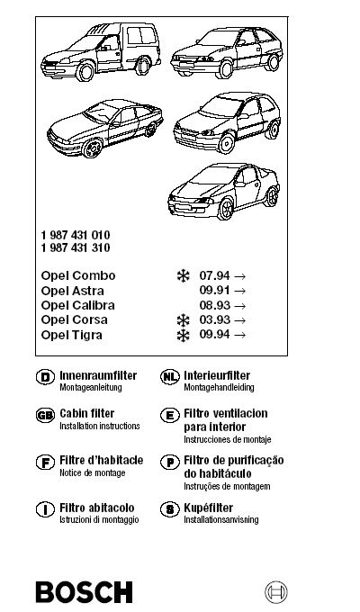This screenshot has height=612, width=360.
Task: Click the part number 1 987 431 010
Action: [76, 235]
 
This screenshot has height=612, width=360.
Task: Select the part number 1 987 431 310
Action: [76, 247]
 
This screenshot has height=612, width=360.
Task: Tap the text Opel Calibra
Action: [77, 305]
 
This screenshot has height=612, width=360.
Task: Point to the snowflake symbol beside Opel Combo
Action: [183, 276]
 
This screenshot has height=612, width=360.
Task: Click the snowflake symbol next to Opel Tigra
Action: [183, 336]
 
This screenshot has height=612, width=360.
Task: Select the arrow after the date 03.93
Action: [240, 320]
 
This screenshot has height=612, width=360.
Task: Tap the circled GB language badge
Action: [45, 415]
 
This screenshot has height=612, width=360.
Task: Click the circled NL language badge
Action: [170, 377]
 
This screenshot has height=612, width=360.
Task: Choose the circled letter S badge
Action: [170, 509]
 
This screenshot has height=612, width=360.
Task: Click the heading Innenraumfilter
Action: [98, 375]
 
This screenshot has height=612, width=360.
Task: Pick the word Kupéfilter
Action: [208, 508]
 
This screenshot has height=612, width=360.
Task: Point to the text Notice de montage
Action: [92, 473]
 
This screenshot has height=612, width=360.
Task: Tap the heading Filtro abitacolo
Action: [96, 508]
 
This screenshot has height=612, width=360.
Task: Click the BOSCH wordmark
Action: [85, 592]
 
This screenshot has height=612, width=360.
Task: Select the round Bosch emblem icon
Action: [276, 592]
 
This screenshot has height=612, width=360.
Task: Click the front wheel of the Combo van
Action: [85, 71]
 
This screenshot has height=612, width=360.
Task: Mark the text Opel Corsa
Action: [74, 320]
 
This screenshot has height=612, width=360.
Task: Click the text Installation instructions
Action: [100, 426]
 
